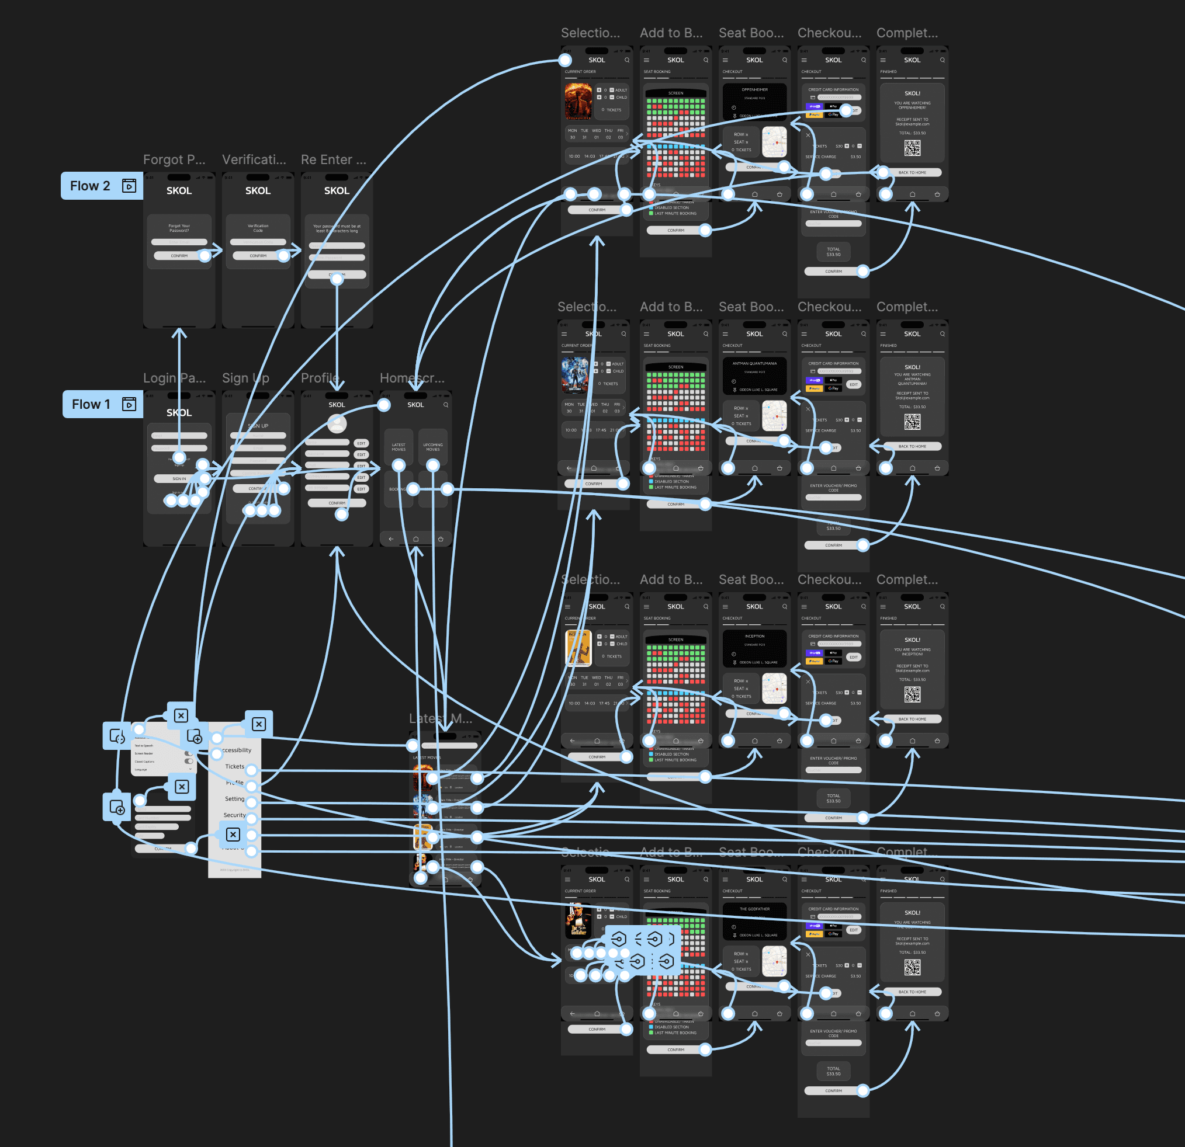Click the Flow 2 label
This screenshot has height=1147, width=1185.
tap(90, 186)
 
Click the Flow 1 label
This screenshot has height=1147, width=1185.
tap(91, 404)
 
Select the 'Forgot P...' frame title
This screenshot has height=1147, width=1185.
tap(174, 159)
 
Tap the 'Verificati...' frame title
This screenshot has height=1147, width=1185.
tap(254, 159)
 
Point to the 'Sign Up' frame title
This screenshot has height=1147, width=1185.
tap(245, 378)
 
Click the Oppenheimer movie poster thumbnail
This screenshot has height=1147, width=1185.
tap(578, 101)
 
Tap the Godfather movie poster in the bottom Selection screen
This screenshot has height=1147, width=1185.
tap(578, 920)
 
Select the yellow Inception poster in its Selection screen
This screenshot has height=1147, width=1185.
tap(578, 647)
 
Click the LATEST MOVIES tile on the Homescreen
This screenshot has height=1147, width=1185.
tap(399, 447)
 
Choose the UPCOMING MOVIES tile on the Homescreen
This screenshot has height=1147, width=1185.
tap(433, 447)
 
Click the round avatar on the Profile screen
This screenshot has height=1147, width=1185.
tap(337, 424)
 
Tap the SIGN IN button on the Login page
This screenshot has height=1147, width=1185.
tap(179, 479)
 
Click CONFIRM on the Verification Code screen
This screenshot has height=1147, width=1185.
tap(258, 256)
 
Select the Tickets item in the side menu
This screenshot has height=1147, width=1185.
tap(234, 766)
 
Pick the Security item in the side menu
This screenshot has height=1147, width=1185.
tap(234, 815)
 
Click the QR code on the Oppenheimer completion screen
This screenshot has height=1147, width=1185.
tap(912, 148)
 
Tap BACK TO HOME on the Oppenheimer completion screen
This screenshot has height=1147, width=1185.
tap(912, 172)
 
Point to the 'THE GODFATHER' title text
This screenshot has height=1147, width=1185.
tap(754, 909)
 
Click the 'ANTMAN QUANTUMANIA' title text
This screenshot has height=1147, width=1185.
tap(754, 363)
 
